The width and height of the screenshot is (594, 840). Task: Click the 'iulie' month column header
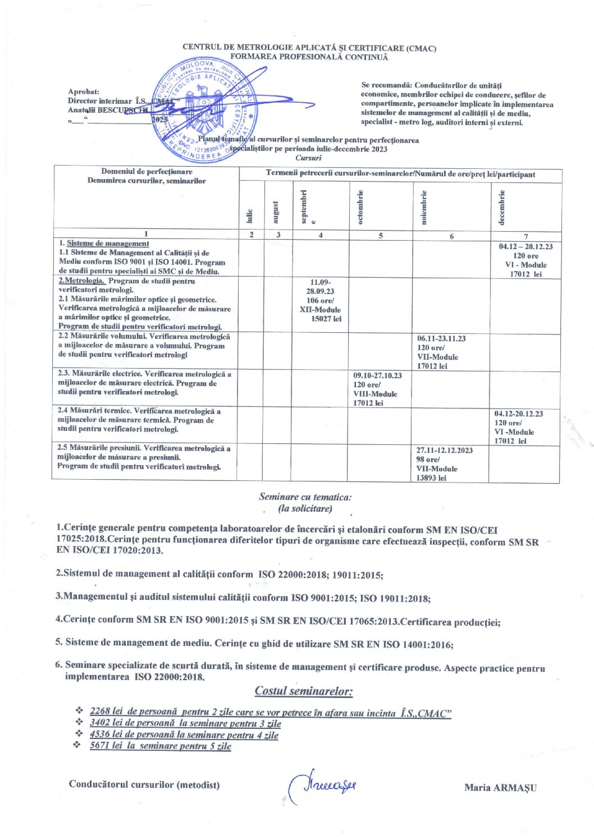click(x=250, y=215)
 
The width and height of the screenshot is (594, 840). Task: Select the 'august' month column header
click(x=276, y=212)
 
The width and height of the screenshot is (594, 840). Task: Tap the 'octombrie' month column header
click(x=360, y=206)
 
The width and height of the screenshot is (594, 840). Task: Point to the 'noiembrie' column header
click(x=424, y=207)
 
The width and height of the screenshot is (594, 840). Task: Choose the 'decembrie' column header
click(x=501, y=207)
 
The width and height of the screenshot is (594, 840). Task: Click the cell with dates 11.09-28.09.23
click(x=321, y=301)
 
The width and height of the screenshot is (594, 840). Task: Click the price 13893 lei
click(x=431, y=478)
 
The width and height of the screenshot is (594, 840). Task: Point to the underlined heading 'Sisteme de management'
click(x=108, y=244)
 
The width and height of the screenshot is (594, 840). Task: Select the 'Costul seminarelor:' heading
click(x=303, y=691)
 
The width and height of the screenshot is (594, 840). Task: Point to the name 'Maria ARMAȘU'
click(x=500, y=787)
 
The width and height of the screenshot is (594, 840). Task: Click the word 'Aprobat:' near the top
click(x=84, y=91)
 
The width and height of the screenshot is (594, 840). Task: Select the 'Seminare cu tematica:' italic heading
click(x=305, y=497)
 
